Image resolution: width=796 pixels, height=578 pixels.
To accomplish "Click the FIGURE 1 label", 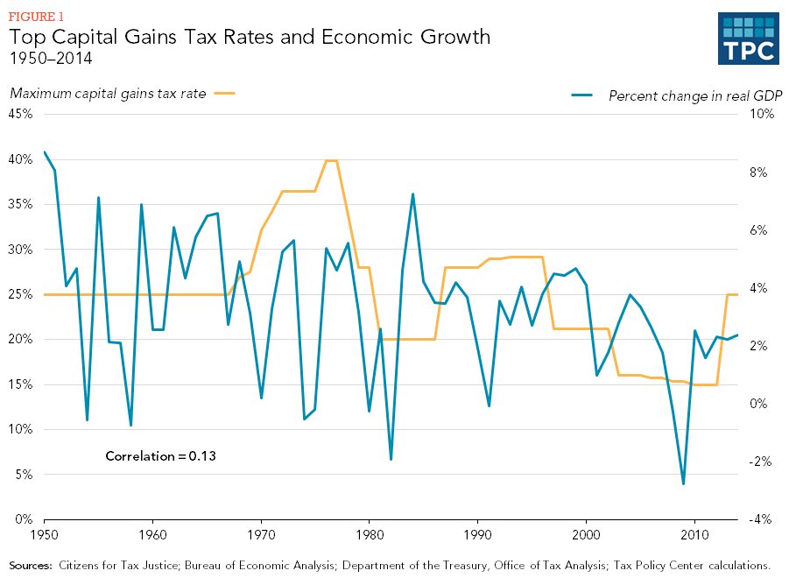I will (36, 16).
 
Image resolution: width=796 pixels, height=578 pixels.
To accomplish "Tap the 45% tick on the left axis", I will (21, 114).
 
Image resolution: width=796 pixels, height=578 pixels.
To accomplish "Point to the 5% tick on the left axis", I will (24, 475).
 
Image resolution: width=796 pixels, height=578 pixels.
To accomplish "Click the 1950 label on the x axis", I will (44, 533).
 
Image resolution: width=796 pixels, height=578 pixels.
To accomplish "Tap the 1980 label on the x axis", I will (370, 533).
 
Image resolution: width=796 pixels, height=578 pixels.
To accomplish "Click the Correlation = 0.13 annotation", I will (160, 456).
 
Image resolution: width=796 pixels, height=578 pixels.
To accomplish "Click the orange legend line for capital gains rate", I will (224, 93).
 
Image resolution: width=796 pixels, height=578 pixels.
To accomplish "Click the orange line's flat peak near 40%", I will (331, 160).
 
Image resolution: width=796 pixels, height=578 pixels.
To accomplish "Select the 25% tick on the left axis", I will (21, 294).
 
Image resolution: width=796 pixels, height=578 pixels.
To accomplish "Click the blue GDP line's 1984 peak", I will (412, 194).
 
